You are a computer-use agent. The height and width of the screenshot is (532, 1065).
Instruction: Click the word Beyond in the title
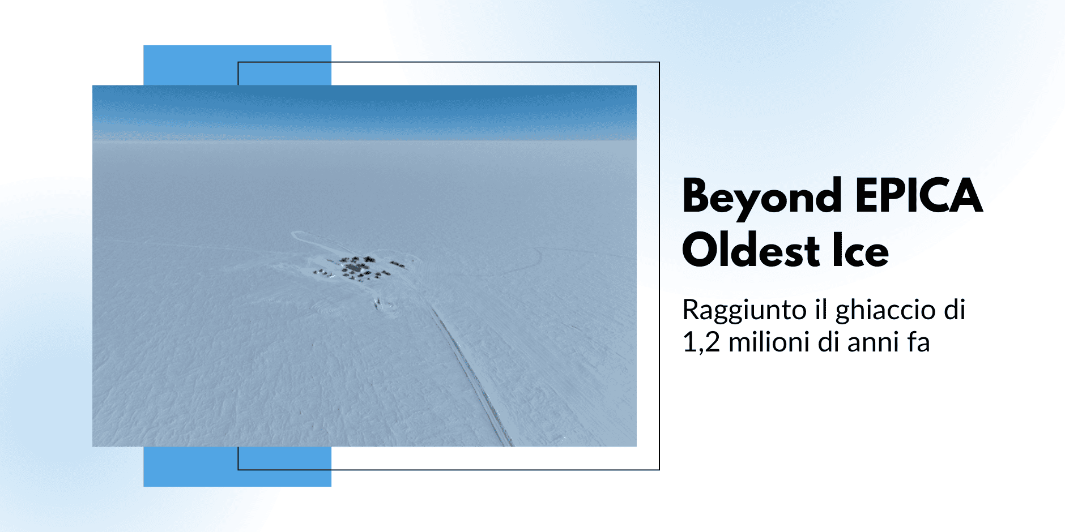tap(762, 198)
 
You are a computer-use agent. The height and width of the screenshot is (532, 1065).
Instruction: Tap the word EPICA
tap(919, 195)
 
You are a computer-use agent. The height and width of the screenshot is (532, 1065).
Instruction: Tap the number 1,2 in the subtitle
tap(701, 342)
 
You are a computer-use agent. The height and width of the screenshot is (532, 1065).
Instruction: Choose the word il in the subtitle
tap(820, 310)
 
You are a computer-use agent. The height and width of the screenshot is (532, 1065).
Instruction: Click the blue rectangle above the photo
tap(237, 65)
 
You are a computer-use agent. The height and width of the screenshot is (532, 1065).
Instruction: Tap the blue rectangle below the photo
tap(237, 466)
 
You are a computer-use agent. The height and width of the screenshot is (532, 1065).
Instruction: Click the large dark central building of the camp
tap(355, 267)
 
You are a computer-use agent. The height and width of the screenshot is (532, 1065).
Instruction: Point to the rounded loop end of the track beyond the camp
tap(296, 235)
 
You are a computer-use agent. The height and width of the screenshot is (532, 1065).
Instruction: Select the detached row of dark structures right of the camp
tap(398, 264)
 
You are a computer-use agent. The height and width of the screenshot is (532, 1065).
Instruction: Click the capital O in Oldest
tap(702, 249)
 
